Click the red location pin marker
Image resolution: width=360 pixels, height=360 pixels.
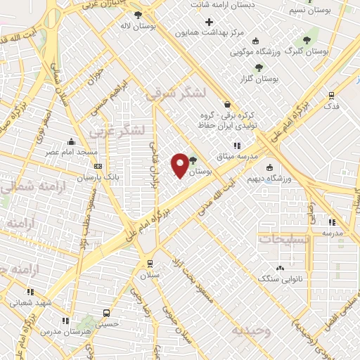180,165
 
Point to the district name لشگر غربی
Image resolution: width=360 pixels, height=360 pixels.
117,131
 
